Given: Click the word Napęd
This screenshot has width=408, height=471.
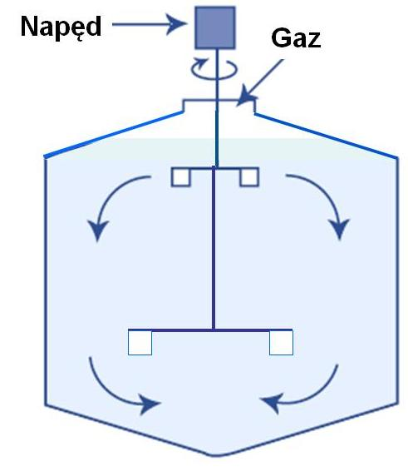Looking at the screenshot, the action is pyautogui.click(x=61, y=27).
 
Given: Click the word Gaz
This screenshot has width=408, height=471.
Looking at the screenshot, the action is pyautogui.click(x=296, y=37).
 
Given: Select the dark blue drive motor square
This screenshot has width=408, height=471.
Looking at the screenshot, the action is pyautogui.click(x=215, y=27).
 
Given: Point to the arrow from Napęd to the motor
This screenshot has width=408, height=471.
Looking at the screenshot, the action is pyautogui.click(x=149, y=24).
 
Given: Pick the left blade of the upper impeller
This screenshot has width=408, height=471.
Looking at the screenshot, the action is pyautogui.click(x=180, y=177).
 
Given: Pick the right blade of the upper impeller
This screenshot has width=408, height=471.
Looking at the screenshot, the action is pyautogui.click(x=249, y=177).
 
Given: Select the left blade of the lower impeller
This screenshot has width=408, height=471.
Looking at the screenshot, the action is pyautogui.click(x=140, y=343).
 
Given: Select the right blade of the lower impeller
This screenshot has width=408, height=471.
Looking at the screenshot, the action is pyautogui.click(x=281, y=343).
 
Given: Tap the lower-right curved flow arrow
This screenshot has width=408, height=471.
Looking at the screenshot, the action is pyautogui.click(x=318, y=396).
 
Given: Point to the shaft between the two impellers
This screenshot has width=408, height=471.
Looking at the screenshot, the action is pyautogui.click(x=214, y=248).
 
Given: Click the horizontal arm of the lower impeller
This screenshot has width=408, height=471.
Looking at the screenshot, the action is pyautogui.click(x=210, y=330).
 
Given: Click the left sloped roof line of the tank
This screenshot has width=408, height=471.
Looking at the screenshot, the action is pyautogui.click(x=113, y=134).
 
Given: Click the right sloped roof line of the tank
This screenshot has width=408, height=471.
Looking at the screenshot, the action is pyautogui.click(x=326, y=135).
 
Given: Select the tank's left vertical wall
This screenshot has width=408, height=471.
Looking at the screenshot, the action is pyautogui.click(x=46, y=282).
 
